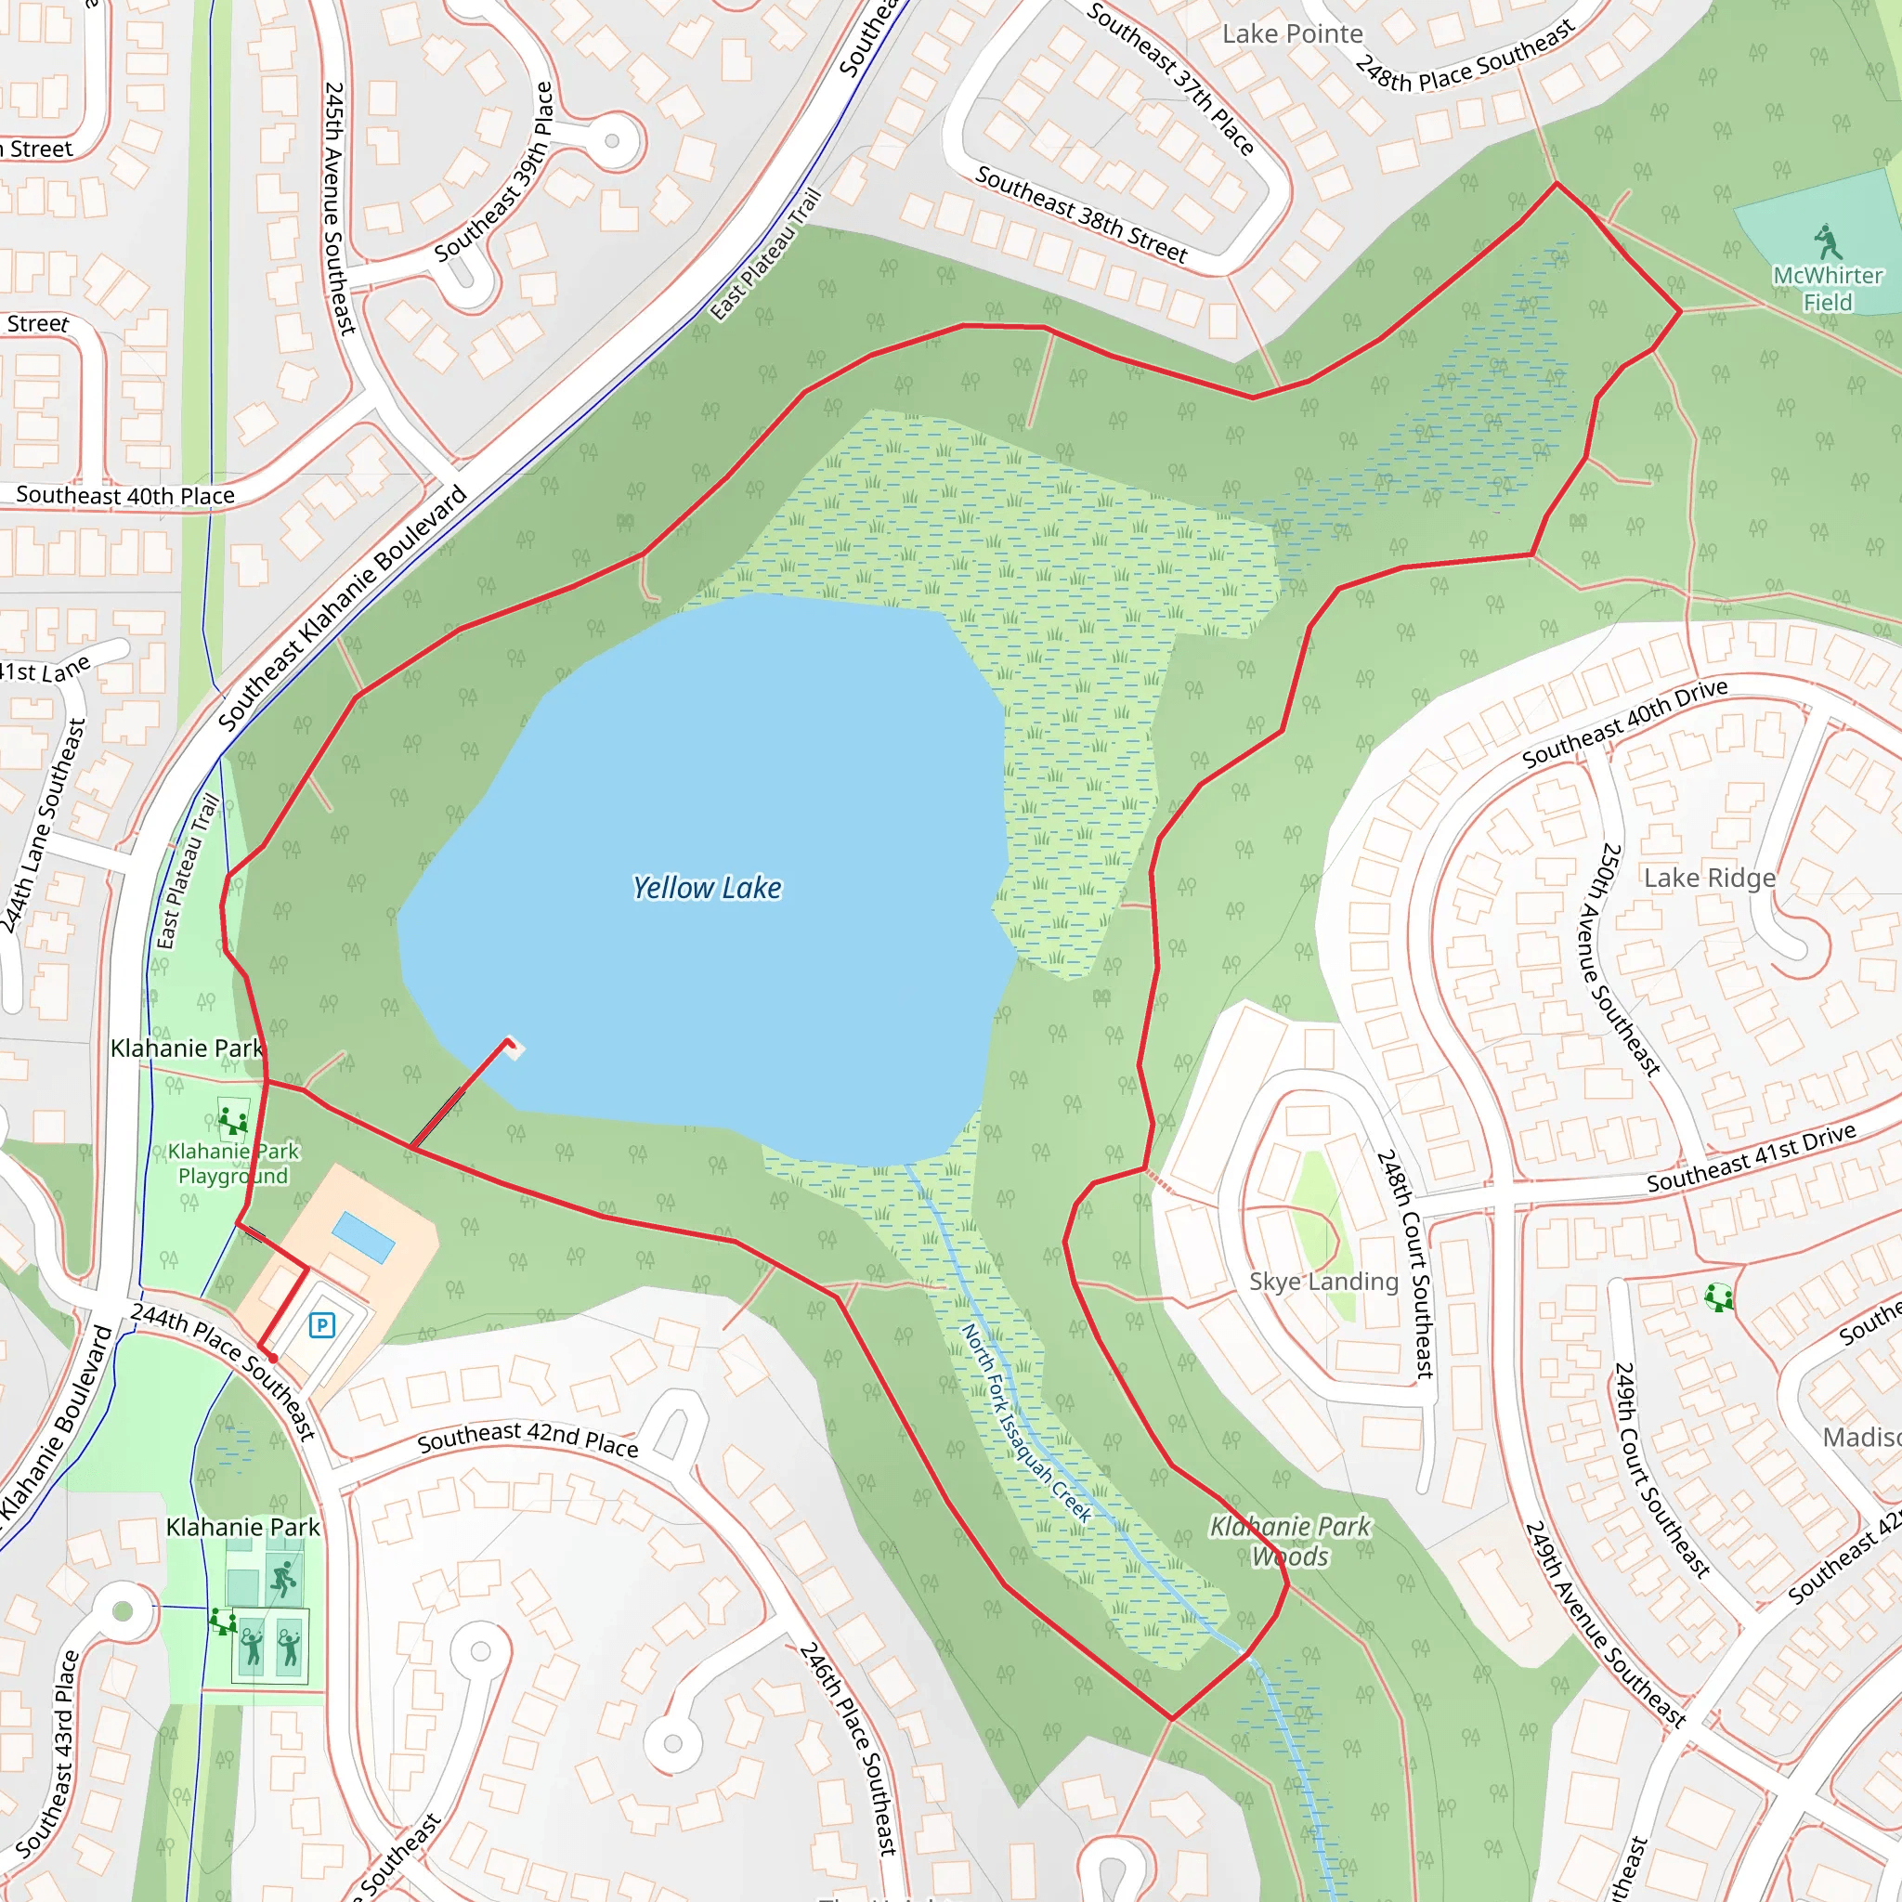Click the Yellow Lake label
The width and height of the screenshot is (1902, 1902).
tap(707, 888)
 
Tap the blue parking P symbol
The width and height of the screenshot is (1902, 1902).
tap(321, 1325)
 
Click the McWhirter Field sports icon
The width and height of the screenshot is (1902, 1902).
tap(1827, 241)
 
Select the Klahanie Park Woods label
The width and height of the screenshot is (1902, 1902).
tap(1290, 1541)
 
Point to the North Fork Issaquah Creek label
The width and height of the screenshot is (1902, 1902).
tap(1027, 1423)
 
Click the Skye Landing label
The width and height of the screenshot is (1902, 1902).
tap(1323, 1282)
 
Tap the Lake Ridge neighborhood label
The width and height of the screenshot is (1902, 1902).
tap(1710, 879)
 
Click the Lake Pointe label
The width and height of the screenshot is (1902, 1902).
tap(1293, 34)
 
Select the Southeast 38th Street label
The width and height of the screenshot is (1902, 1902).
tap(1081, 215)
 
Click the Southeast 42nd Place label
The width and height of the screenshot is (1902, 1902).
tap(528, 1440)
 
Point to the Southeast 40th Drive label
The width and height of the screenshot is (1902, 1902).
tap(1624, 723)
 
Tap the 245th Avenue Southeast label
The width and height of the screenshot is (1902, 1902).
tap(340, 208)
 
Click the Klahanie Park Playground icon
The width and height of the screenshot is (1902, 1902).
tap(233, 1121)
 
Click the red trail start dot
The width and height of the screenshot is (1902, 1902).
tap(273, 1359)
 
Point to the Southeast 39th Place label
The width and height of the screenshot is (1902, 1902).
tap(495, 173)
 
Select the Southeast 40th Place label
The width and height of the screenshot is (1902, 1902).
tap(125, 495)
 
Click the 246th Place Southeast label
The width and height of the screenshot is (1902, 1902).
tap(848, 1749)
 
